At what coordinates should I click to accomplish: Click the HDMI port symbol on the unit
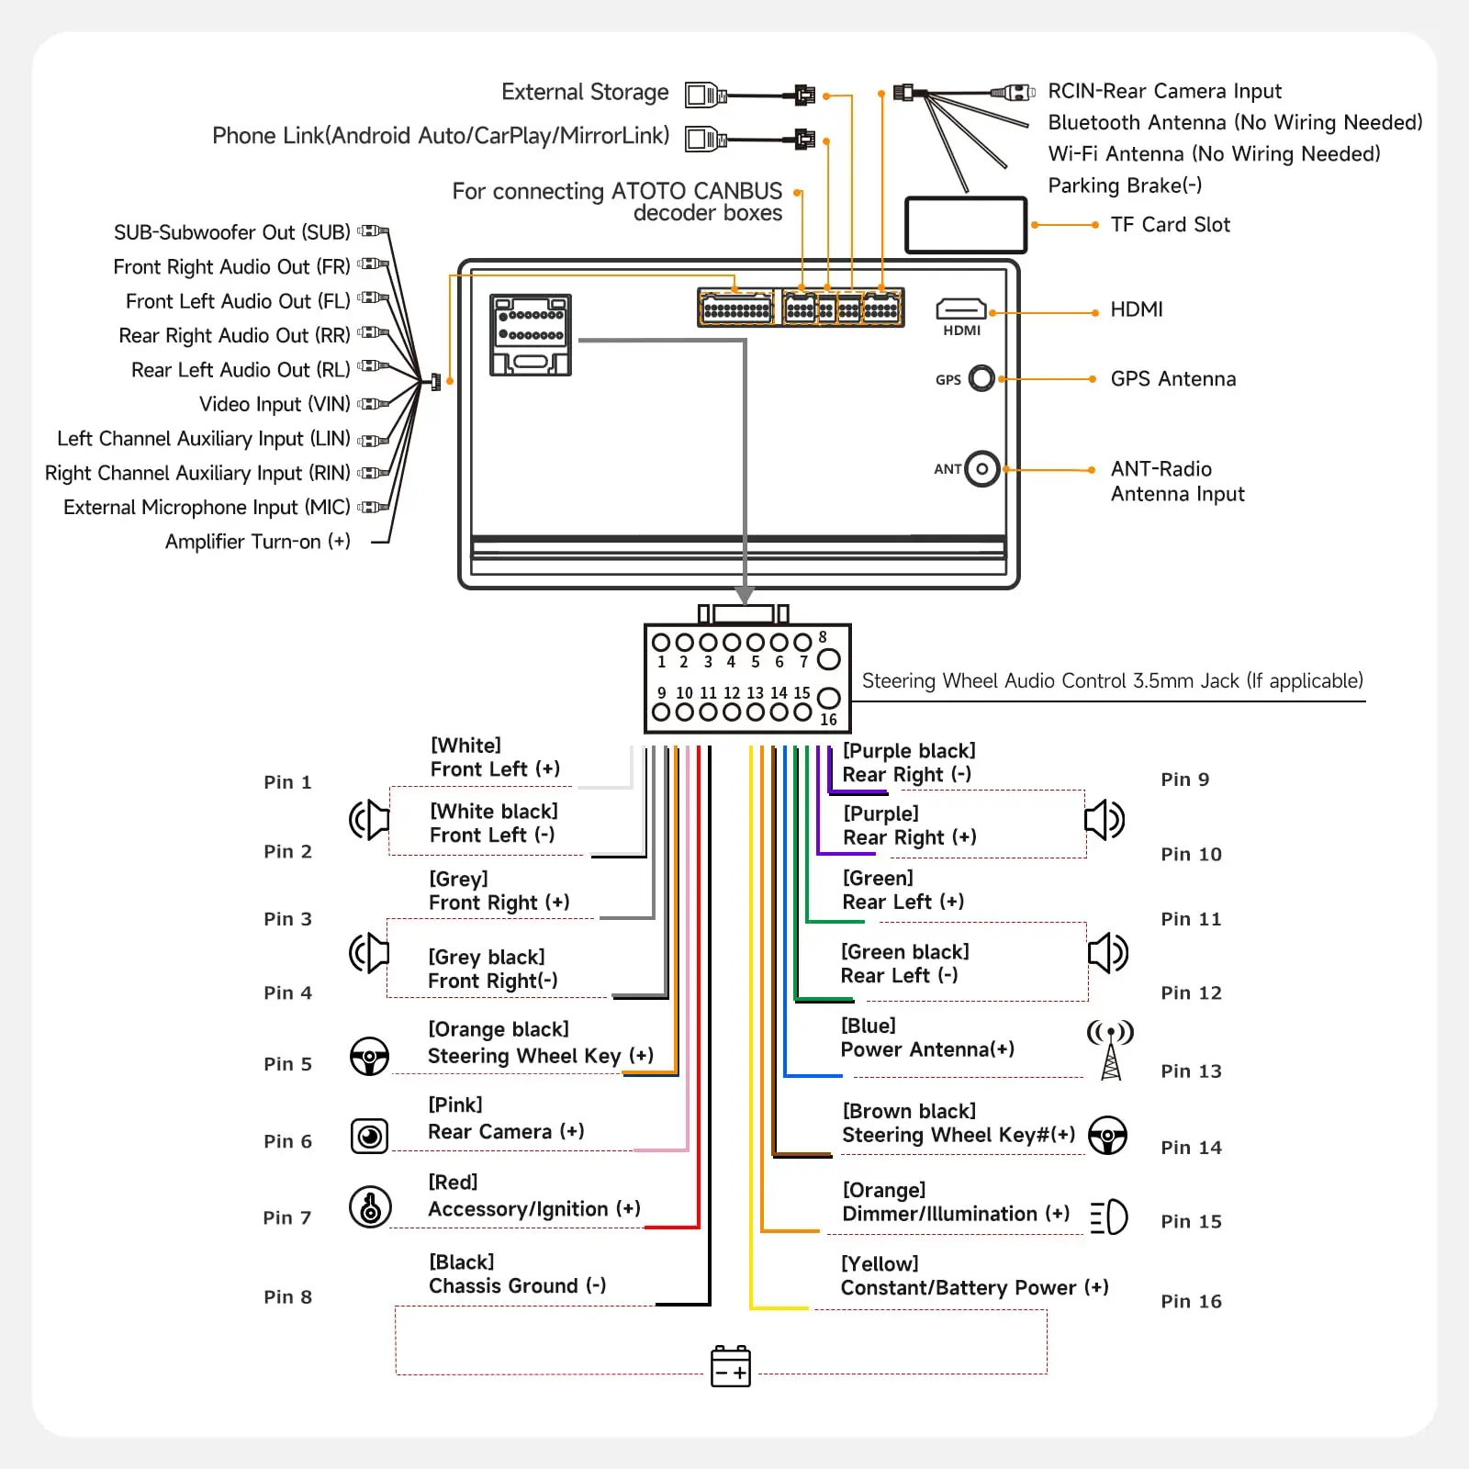960,308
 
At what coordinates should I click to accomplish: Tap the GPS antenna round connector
981,378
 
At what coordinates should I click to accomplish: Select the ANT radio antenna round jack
981,469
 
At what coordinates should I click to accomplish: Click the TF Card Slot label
1170,225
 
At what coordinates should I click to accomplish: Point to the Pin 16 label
1191,1301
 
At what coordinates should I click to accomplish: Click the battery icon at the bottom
731,1366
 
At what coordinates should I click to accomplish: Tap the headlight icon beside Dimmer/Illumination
1109,1217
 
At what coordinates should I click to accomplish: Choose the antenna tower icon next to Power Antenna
1111,1049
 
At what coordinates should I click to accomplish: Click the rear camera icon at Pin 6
370,1137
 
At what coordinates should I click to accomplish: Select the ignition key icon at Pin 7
370,1206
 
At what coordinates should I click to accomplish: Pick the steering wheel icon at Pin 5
370,1056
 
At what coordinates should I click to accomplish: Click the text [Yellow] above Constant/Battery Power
880,1264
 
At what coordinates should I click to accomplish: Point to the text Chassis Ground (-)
517,1286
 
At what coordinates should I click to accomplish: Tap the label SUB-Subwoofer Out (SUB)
231,232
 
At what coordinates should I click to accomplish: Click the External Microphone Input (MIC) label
207,508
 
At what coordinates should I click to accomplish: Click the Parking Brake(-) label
1125,185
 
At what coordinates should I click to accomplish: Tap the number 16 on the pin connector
828,720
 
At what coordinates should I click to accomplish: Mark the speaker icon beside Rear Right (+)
1105,820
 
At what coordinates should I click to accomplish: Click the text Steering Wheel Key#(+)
959,1136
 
